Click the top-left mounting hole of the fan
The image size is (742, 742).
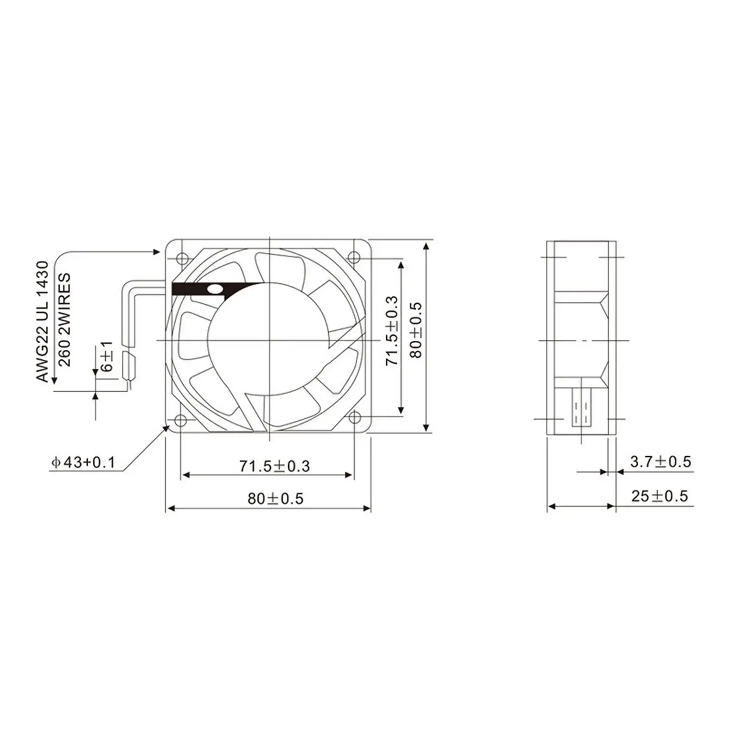coord(180,256)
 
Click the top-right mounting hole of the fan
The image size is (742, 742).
coord(354,256)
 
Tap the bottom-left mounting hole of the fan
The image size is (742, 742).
coord(180,420)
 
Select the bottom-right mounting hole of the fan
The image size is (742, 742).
coord(354,418)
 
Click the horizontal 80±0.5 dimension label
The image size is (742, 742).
coord(275,499)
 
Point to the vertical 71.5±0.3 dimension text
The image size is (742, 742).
coord(392,330)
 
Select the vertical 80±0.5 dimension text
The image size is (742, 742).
coord(416,330)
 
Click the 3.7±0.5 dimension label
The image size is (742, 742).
coord(660,461)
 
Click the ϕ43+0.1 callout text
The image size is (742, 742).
coord(83,462)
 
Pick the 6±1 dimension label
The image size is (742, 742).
coord(107,357)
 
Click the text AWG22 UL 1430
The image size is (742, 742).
coord(42,321)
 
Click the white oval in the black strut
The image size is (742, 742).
coord(215,289)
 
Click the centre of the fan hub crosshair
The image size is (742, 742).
coord(269,341)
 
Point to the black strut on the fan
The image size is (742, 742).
coord(195,289)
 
